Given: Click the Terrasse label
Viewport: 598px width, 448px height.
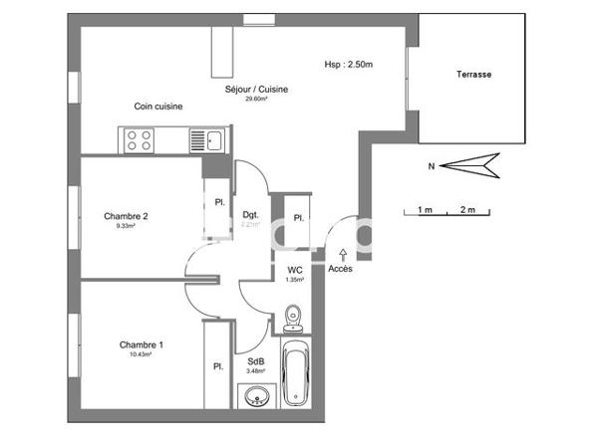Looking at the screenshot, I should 474,75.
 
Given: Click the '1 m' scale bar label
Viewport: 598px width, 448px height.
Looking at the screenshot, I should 424,211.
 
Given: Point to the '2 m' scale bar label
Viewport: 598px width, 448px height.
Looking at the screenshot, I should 466,211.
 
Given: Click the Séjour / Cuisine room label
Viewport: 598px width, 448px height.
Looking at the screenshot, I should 263,90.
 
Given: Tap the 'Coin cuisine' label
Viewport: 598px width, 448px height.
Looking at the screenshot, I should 158,107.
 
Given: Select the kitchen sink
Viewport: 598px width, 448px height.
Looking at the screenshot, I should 212,139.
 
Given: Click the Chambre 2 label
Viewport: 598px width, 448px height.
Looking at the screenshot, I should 126,216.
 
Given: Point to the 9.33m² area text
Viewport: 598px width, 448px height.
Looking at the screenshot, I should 126,226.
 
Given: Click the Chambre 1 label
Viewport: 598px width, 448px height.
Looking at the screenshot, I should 142,344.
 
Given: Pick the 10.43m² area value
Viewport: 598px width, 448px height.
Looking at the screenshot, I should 142,354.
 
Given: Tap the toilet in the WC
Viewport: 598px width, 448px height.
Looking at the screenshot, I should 292,318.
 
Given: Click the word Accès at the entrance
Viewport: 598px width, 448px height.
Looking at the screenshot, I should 340,268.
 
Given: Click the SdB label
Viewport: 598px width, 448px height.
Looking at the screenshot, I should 255,361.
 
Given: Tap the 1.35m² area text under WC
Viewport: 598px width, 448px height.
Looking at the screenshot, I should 295,280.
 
